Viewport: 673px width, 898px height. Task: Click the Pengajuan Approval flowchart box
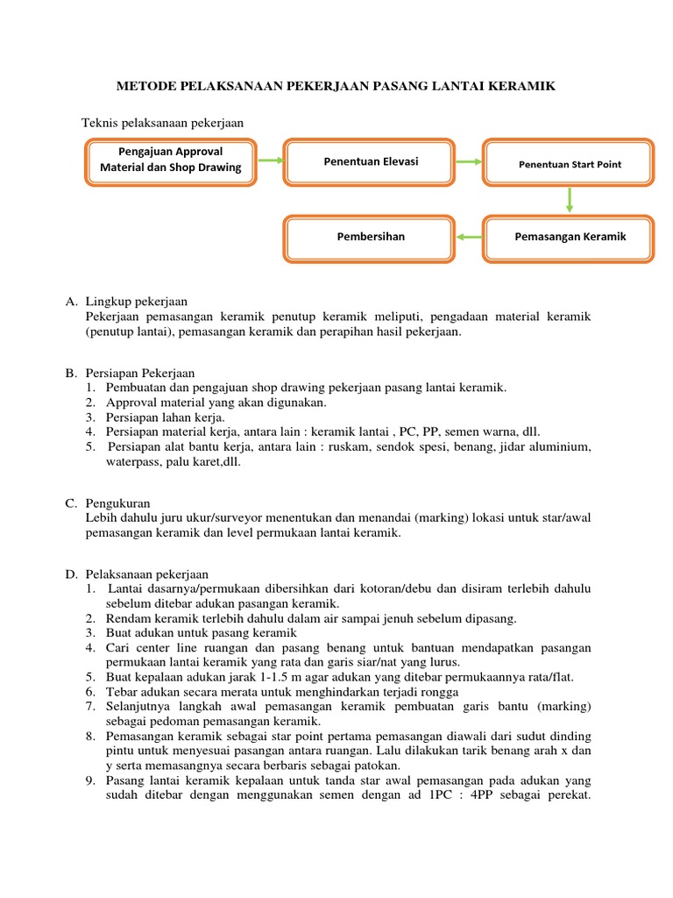(171, 161)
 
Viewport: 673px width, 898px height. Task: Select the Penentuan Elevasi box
(371, 161)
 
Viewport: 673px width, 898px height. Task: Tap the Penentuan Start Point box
(570, 162)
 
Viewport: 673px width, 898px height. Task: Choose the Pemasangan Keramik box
(570, 237)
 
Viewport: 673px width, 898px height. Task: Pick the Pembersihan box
(371, 237)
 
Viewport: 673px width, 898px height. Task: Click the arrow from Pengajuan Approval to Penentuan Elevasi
(271, 160)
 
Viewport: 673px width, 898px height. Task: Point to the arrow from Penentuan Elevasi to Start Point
(471, 161)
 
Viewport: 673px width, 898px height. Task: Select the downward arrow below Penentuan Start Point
(570, 200)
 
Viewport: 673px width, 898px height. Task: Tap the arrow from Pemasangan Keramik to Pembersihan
(470, 237)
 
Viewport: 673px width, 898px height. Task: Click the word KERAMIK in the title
(521, 86)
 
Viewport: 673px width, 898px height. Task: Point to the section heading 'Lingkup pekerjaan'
(137, 302)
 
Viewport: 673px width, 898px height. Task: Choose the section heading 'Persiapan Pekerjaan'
(140, 373)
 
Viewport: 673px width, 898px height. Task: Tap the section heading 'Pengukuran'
(118, 503)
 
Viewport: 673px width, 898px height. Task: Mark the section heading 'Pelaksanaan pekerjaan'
(147, 574)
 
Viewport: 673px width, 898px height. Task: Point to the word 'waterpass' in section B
(119, 462)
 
